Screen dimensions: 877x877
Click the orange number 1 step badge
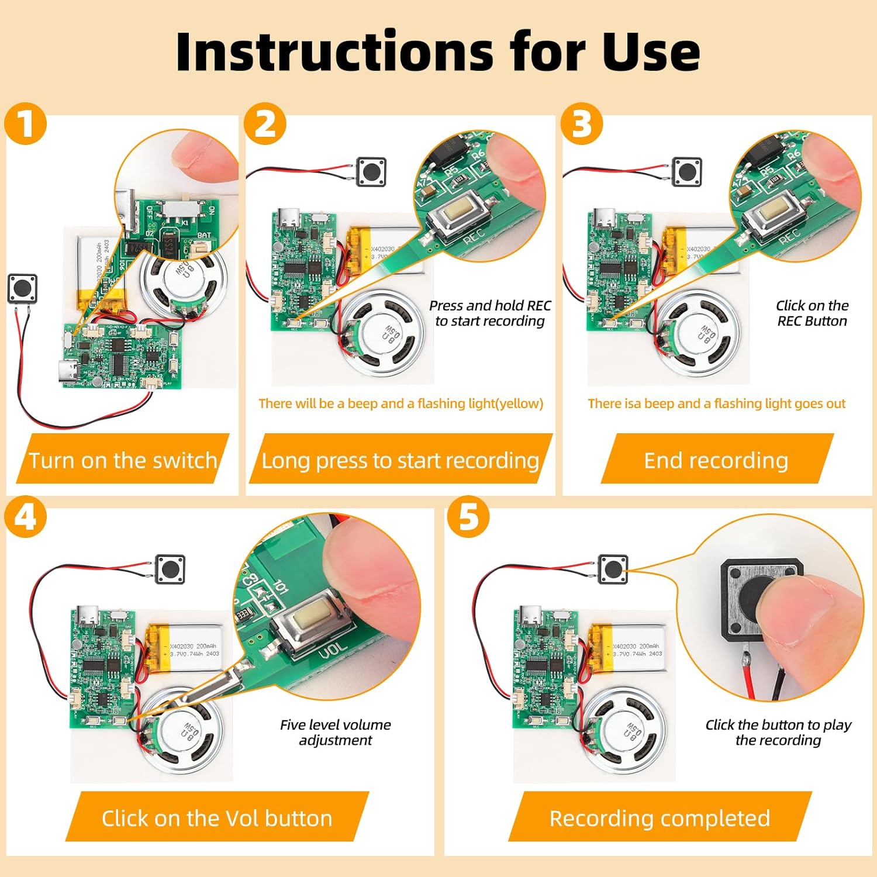click(25, 123)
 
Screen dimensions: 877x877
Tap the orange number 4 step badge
click(25, 517)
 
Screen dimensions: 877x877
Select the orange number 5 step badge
click(468, 517)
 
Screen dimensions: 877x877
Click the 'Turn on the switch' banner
click(123, 460)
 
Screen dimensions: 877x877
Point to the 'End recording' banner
click(716, 460)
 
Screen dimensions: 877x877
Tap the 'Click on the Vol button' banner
click(217, 818)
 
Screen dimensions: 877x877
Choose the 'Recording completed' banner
click(660, 818)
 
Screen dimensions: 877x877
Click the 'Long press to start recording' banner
click(400, 460)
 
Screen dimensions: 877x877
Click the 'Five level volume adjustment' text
click(335, 732)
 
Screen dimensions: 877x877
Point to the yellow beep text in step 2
click(400, 403)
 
